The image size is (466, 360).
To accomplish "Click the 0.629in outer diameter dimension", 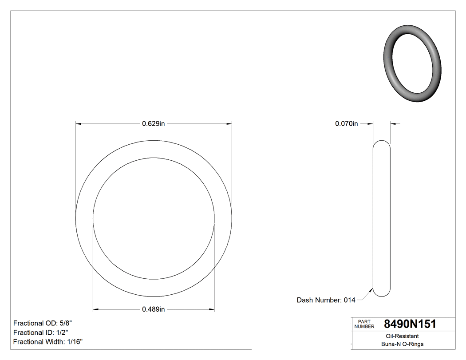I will pos(154,124).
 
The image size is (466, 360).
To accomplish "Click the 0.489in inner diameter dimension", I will pos(154,309).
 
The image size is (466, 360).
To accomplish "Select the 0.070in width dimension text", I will pos(346,124).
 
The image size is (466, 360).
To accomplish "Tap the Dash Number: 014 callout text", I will pos(326,300).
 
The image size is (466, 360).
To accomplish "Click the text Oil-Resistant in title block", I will pos(402,336).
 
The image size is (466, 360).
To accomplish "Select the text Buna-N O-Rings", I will pos(402,344).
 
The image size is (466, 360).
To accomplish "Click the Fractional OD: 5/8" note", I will pos(47,323).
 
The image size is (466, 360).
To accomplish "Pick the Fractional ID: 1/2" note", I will pos(41,332).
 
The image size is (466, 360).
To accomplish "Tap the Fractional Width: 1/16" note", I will pos(48,342).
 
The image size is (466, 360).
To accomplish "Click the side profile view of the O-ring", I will pos(381,218).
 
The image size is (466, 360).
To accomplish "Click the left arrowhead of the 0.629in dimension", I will pos(78,124).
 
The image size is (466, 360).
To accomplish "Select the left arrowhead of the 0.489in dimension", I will pos(95,309).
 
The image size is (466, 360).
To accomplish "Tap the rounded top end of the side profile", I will pos(381,143).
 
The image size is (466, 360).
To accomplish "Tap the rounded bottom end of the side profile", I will pos(381,294).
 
